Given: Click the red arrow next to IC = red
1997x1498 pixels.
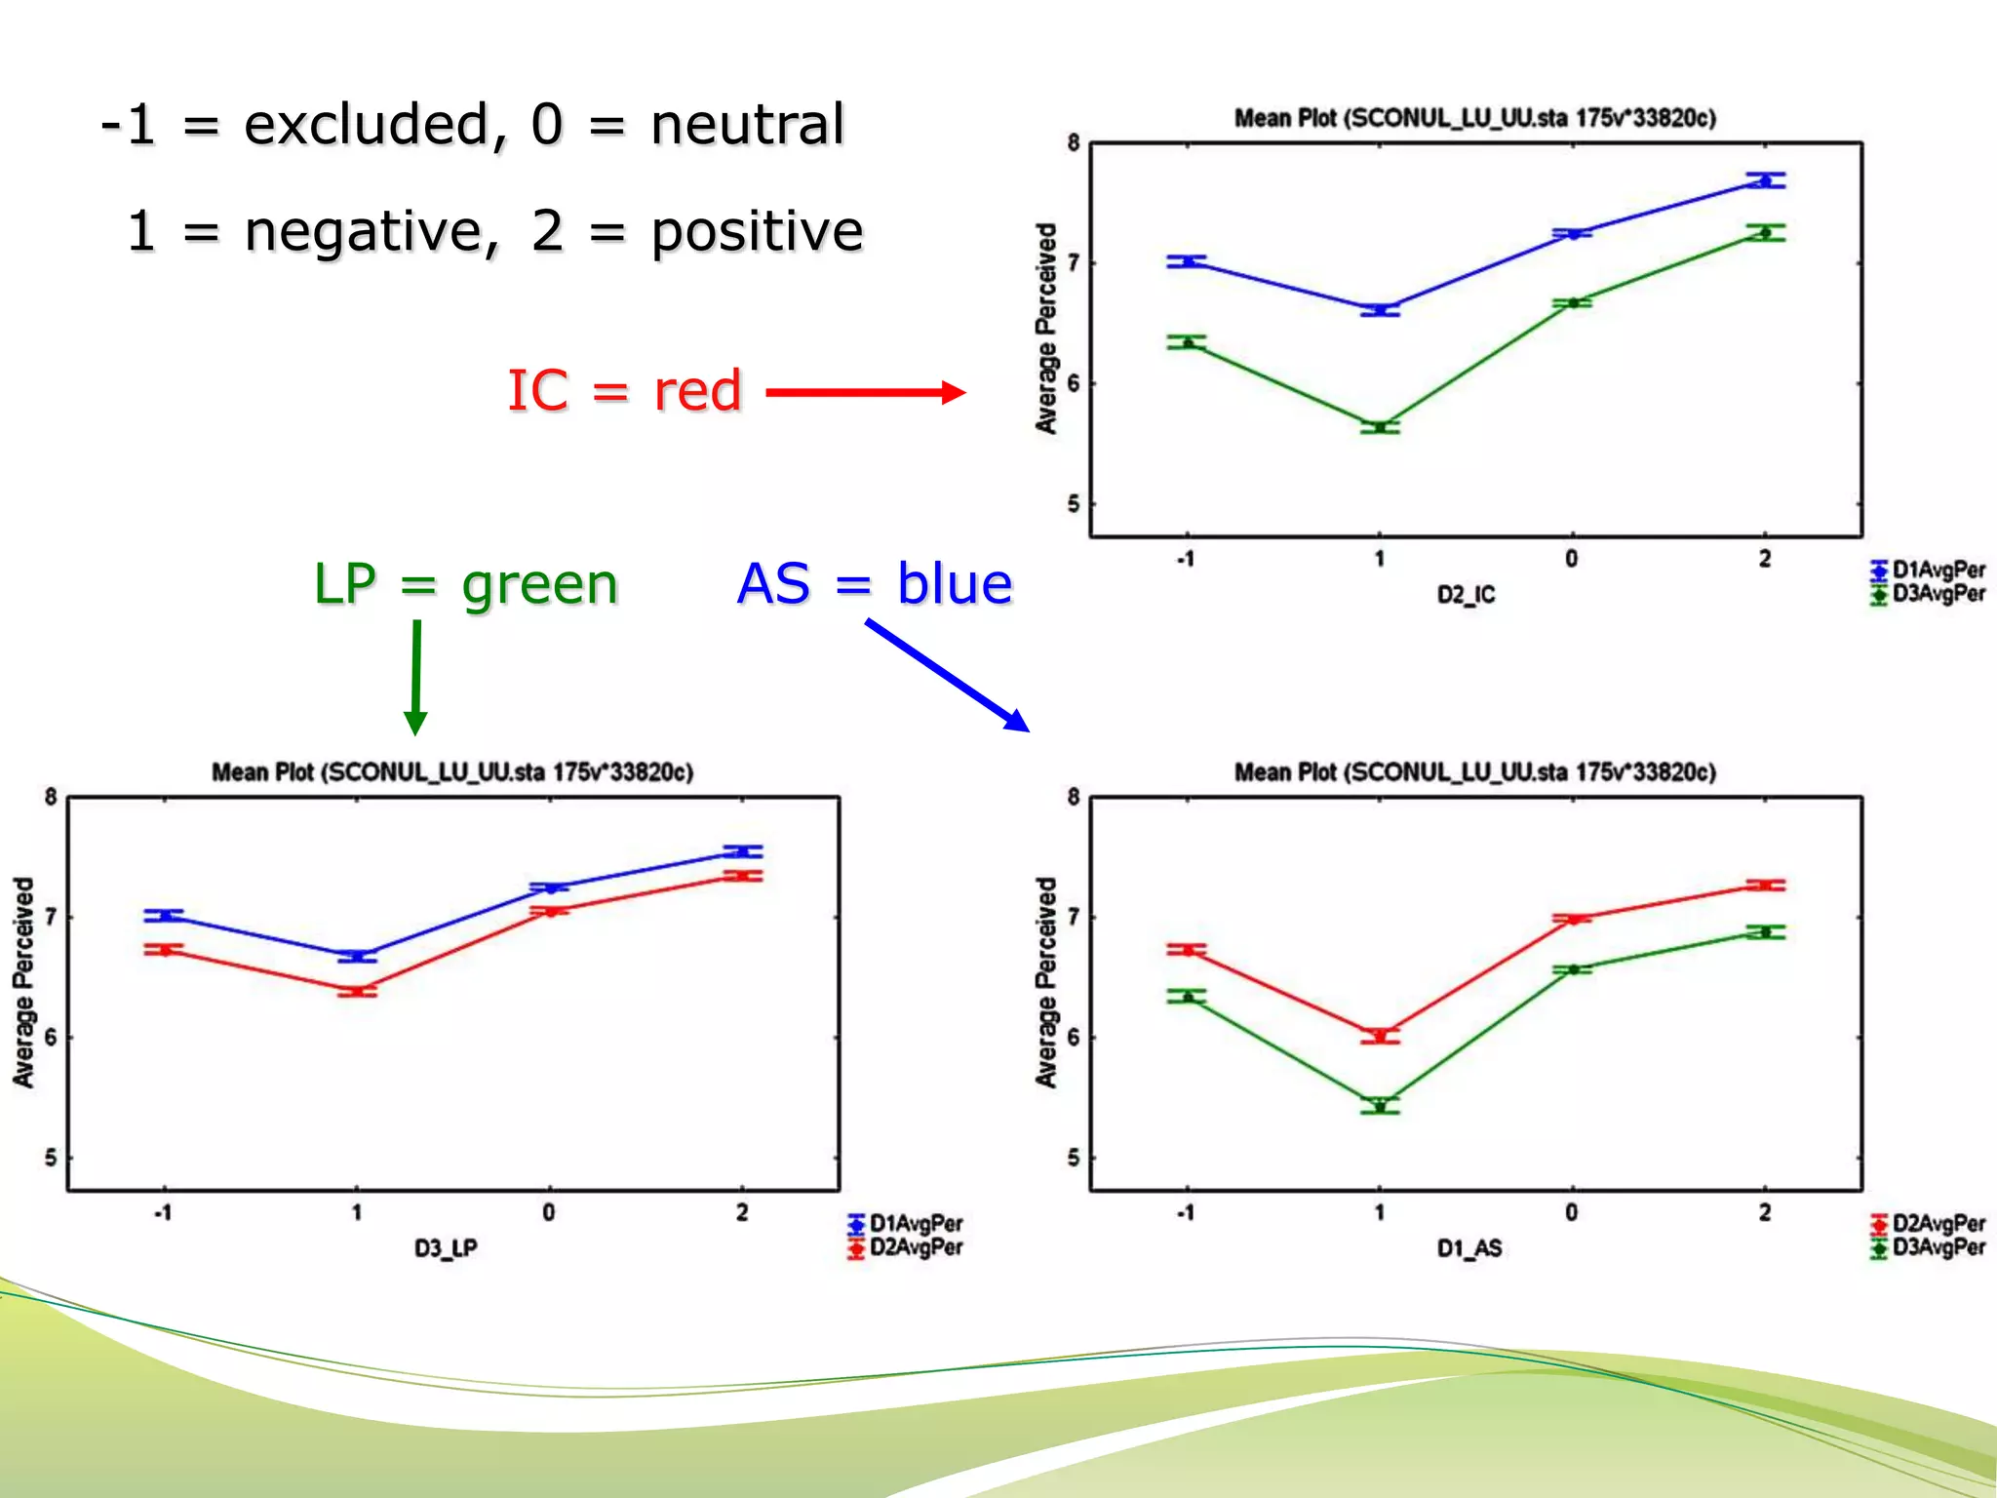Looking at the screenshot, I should coord(866,393).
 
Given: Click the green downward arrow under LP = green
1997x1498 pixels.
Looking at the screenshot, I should coord(415,678).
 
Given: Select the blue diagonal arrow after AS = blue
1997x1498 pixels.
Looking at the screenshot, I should coord(946,675).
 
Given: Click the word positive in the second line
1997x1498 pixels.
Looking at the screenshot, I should coord(757,232).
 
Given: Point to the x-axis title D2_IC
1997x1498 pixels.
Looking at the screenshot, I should coord(1466,594).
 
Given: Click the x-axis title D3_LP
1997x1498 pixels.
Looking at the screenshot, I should coord(446,1248).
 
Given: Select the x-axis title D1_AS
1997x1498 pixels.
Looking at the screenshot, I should coord(1468,1248).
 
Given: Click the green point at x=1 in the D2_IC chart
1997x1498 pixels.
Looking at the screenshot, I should coord(1380,427).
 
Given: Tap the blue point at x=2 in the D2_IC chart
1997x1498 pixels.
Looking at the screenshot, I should coord(1765,180).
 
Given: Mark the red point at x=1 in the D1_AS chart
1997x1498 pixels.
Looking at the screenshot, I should coord(1380,1036).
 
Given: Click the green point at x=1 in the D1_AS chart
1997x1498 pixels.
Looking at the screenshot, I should coord(1380,1106).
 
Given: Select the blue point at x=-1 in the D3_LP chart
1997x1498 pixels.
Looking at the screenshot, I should coord(164,915).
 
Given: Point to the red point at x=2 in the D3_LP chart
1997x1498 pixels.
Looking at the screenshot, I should coord(743,876).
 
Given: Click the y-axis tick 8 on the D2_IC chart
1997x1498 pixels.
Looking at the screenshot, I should coord(1074,143).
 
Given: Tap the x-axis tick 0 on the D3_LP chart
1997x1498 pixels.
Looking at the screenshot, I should coord(549,1212).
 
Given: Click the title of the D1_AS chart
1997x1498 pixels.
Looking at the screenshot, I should coord(1474,772).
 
